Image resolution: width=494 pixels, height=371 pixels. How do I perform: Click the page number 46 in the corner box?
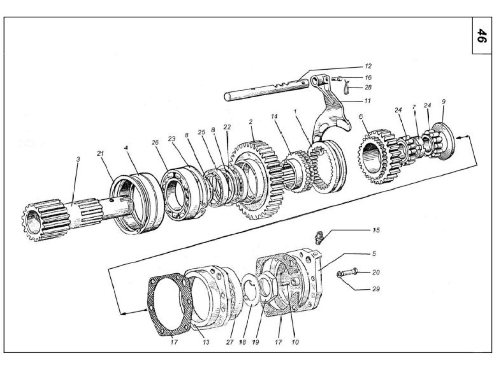481,36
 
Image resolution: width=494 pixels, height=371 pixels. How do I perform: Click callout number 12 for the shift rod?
368,66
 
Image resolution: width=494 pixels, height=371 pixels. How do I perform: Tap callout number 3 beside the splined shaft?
78,159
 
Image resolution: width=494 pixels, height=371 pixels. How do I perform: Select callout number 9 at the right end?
443,101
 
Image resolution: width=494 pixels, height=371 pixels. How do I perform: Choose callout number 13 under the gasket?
206,342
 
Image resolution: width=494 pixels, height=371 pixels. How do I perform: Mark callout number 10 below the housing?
295,342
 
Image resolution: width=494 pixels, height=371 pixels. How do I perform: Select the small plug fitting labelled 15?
319,237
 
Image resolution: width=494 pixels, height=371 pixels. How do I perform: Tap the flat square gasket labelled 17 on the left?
169,305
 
